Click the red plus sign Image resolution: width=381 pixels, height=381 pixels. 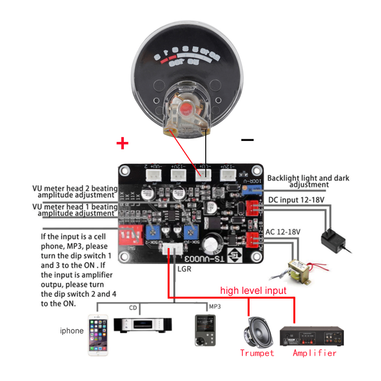[x=123, y=142]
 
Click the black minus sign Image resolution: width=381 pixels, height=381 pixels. [x=247, y=140]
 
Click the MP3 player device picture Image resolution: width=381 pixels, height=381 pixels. [x=203, y=329]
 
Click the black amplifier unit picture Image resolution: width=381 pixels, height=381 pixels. [x=311, y=336]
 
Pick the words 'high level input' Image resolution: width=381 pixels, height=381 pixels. [x=253, y=290]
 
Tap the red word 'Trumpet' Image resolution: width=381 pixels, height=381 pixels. [x=257, y=353]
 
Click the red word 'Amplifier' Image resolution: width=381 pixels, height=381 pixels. [x=315, y=353]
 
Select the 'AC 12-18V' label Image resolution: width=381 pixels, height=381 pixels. [x=283, y=231]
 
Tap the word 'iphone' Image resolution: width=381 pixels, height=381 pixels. [x=71, y=331]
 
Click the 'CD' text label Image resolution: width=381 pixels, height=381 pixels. [x=133, y=308]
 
